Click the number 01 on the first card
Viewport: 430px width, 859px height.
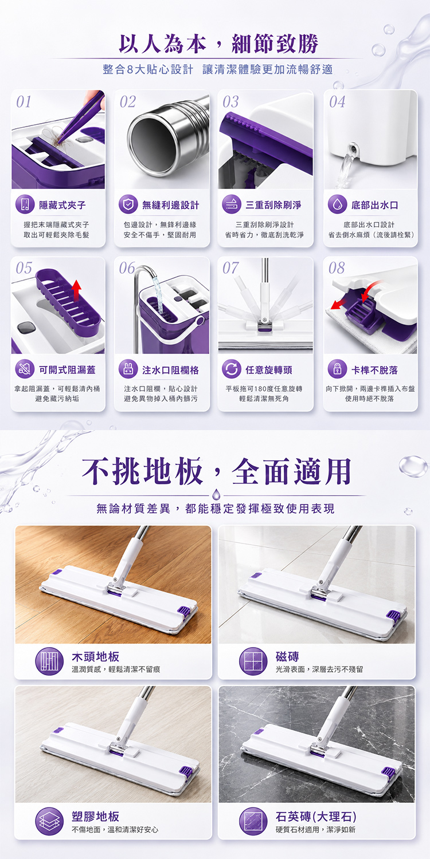tap(24, 101)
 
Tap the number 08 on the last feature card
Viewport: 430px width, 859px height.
tap(337, 267)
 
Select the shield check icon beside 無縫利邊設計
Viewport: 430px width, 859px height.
tap(128, 204)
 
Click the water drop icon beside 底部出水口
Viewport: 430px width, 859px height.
tap(337, 204)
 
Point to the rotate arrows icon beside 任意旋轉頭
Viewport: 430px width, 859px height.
tap(232, 369)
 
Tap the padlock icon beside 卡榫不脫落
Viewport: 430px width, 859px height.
tap(337, 369)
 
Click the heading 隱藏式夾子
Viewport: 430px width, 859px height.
tap(62, 205)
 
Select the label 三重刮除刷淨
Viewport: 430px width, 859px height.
tap(273, 205)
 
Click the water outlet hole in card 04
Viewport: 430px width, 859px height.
tap(353, 148)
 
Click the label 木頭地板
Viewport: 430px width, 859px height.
tap(96, 656)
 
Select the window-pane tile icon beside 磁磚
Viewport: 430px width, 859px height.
tap(253, 661)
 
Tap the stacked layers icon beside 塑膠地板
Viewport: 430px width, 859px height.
tap(49, 821)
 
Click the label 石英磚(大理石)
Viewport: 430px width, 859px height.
tap(316, 817)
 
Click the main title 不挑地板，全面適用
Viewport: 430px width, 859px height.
tap(217, 471)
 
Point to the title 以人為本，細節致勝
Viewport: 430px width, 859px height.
tap(218, 44)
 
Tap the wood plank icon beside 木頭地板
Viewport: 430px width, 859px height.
tap(49, 661)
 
